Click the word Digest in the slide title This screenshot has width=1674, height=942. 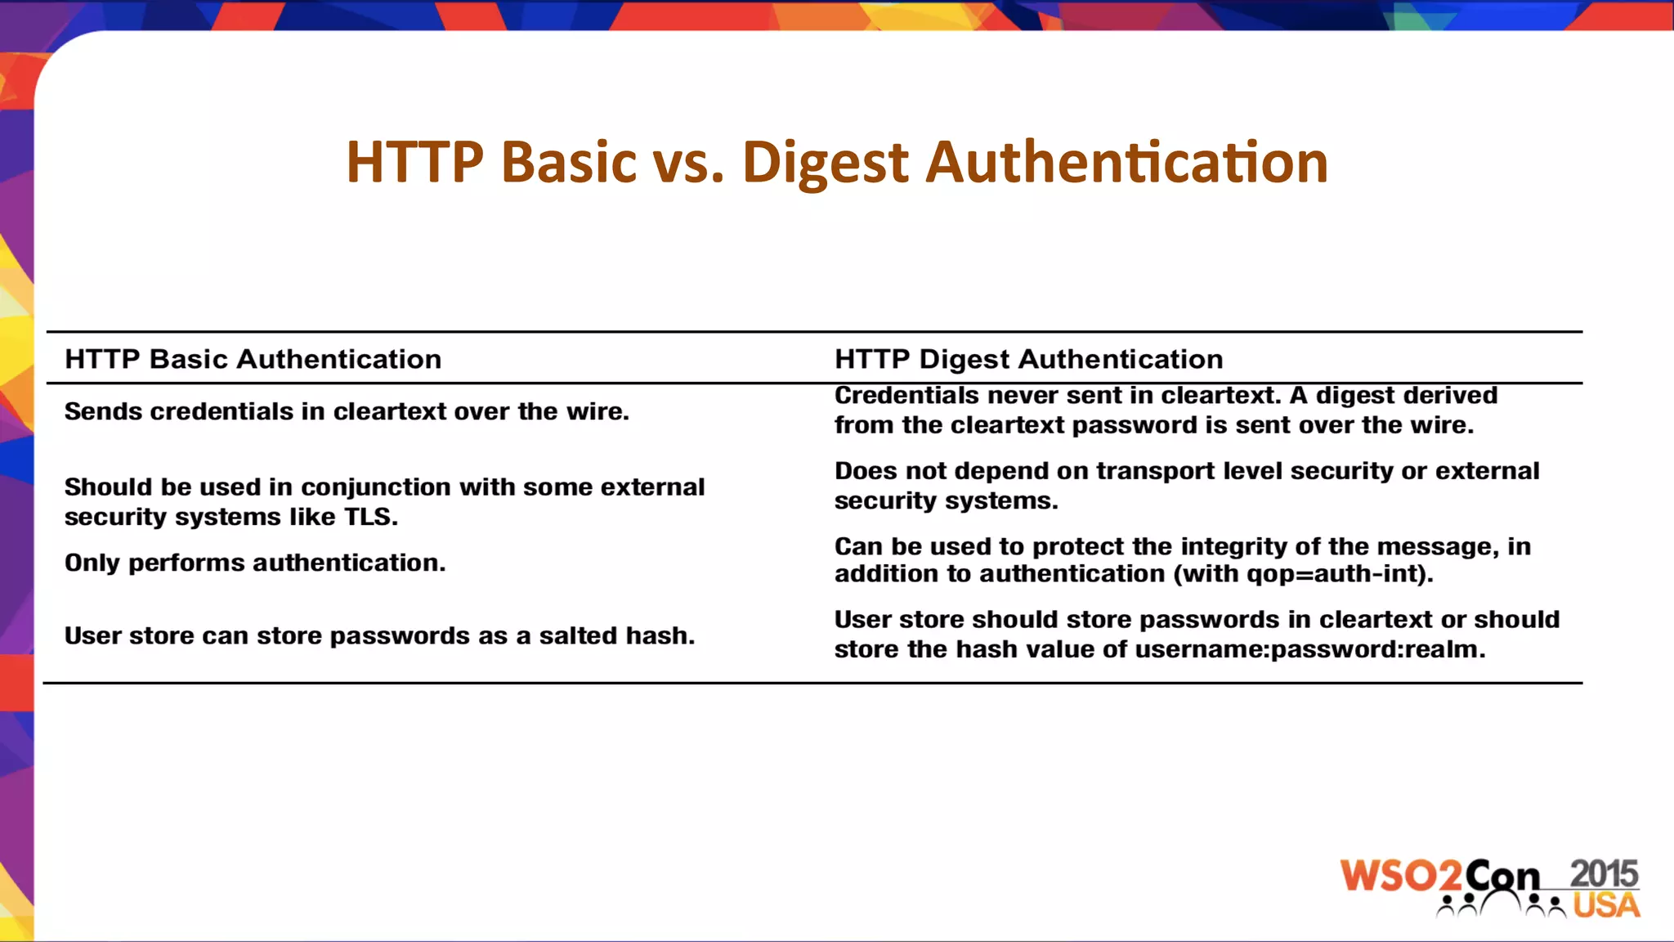point(825,162)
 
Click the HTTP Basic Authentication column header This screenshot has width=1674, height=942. point(253,359)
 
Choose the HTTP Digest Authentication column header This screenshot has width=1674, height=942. point(1028,359)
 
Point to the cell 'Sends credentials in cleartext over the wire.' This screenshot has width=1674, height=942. point(347,411)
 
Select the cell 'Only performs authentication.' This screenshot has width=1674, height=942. point(255,563)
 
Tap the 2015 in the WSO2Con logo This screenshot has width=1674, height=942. point(1604,874)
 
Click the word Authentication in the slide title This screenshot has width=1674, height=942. point(1126,162)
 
